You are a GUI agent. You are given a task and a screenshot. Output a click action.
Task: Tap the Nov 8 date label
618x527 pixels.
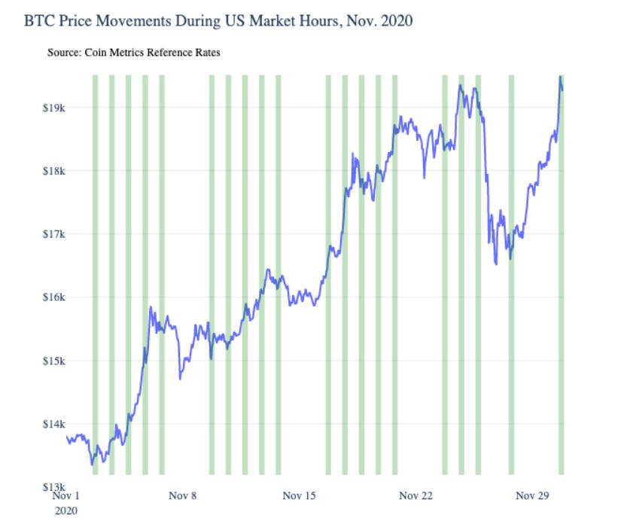click(x=183, y=496)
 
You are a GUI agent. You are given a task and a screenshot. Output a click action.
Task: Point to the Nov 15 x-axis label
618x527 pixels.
click(x=300, y=496)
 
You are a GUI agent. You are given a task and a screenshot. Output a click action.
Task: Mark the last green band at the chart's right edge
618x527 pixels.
click(x=561, y=275)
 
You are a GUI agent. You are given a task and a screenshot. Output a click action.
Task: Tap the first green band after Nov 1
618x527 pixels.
click(x=95, y=275)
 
